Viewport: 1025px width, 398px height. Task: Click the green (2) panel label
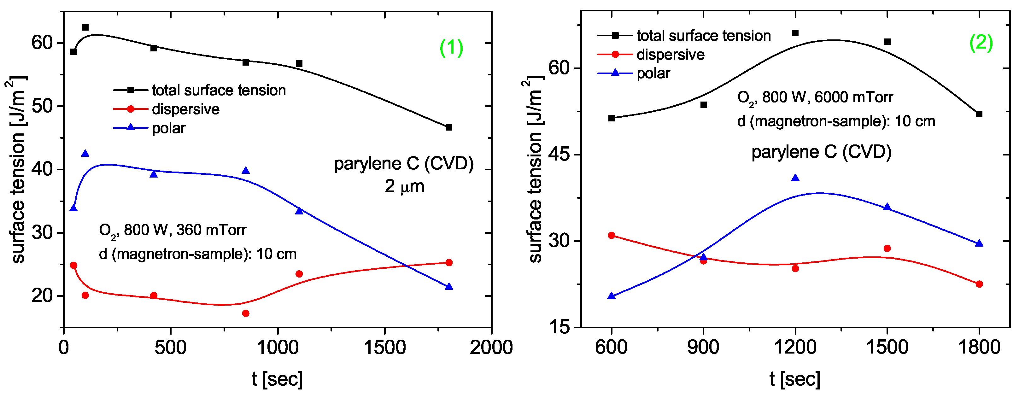coord(981,42)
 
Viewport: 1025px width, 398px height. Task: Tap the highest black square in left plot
coord(85,27)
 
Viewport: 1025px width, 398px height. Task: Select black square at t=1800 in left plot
coord(449,127)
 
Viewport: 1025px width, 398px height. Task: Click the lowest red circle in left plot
coord(245,313)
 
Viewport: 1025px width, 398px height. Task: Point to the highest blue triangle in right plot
coord(795,178)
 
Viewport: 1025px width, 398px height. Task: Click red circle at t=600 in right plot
coord(612,236)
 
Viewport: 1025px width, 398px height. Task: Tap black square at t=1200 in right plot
coord(795,33)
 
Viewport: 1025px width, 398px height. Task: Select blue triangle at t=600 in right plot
coord(612,296)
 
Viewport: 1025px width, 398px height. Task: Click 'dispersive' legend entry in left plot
coord(185,109)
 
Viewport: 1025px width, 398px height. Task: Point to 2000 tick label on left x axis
coord(491,348)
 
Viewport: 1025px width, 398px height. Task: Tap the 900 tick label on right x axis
coord(703,348)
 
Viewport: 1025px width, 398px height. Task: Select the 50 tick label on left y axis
coord(42,106)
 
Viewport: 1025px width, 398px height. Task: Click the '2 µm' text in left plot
coord(404,186)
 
